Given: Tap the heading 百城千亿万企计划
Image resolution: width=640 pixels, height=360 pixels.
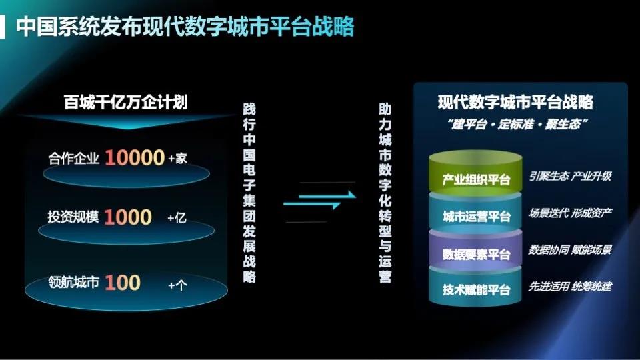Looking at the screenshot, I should (125, 103).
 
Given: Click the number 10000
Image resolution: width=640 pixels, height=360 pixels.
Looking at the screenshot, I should (134, 158).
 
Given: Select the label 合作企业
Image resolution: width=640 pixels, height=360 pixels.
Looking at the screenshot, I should (74, 159).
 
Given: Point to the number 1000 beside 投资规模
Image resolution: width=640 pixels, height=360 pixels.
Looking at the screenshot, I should (128, 217).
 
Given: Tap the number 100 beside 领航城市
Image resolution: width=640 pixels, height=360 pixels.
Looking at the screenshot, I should (123, 282).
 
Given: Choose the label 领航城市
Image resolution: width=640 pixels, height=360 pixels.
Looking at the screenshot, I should (74, 283).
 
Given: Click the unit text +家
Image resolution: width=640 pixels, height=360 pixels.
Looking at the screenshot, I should (178, 159).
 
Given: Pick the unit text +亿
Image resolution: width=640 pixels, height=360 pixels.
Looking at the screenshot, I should (177, 218).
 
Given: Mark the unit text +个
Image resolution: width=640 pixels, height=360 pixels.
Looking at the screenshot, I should (177, 285).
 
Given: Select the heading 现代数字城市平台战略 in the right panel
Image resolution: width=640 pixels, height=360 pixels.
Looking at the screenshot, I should (515, 103).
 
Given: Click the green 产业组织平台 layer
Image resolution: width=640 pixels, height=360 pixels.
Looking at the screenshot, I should (476, 179).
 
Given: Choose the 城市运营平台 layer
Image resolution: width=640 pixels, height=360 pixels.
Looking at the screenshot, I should (476, 216).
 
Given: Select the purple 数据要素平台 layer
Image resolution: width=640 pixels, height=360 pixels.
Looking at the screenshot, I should (476, 254).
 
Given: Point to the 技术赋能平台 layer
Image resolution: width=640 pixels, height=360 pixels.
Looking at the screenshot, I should (476, 289).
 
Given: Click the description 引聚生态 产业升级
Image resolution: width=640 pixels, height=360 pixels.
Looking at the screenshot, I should (570, 177).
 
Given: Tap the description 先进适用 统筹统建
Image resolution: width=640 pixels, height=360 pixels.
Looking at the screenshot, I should (570, 287).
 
